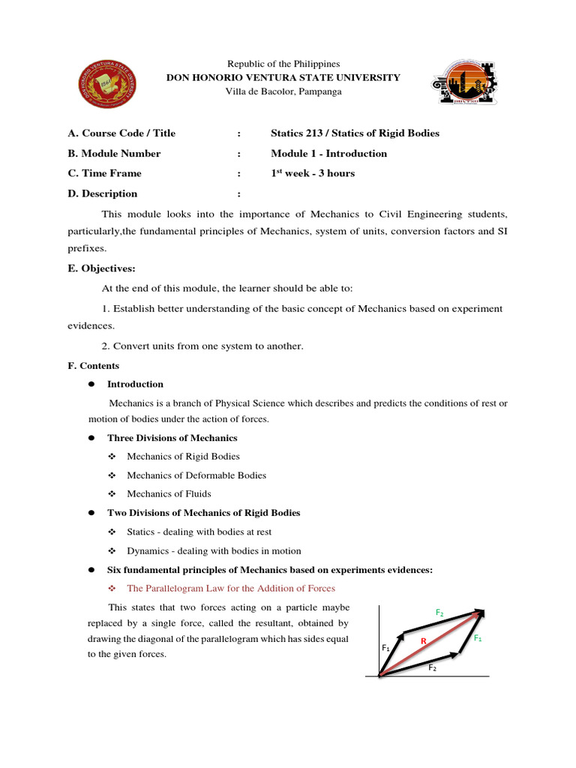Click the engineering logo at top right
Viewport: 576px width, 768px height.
462,82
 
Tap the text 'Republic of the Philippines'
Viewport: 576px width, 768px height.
283,64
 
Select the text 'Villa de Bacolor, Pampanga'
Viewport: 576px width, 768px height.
283,91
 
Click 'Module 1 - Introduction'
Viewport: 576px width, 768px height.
328,153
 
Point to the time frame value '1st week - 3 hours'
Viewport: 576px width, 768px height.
313,173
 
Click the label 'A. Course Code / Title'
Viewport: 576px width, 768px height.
121,133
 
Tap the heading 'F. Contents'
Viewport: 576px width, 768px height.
93,366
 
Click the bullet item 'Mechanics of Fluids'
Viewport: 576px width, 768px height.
169,493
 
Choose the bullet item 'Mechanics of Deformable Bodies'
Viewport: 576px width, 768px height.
196,475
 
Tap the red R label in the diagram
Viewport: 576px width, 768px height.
423,641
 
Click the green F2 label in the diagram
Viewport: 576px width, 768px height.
439,613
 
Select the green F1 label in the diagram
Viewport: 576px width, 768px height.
478,637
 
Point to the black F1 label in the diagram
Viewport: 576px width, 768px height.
385,646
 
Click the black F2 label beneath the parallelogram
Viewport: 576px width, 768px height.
433,667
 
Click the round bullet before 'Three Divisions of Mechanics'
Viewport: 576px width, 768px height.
90,438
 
